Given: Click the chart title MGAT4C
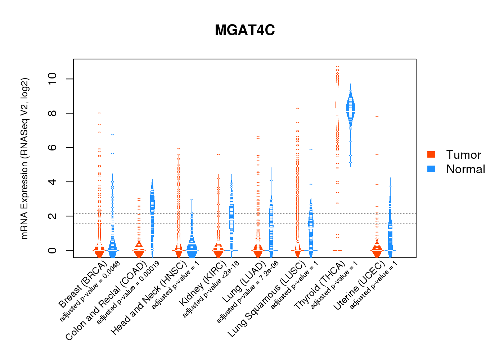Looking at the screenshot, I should pyautogui.click(x=245, y=30).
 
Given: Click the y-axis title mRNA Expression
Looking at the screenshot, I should pyautogui.click(x=24, y=158).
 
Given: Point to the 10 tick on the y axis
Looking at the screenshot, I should pyautogui.click(x=52, y=79).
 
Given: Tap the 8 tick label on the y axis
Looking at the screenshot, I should pyautogui.click(x=52, y=113).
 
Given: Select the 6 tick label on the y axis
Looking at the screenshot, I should pyautogui.click(x=52, y=148).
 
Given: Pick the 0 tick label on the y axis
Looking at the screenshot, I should pyautogui.click(x=52, y=250).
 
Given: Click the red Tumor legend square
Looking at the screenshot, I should pyautogui.click(x=431, y=154).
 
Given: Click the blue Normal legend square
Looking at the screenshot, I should pyautogui.click(x=431, y=169).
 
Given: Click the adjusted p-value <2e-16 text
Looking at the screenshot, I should pyautogui.click(x=211, y=290).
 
